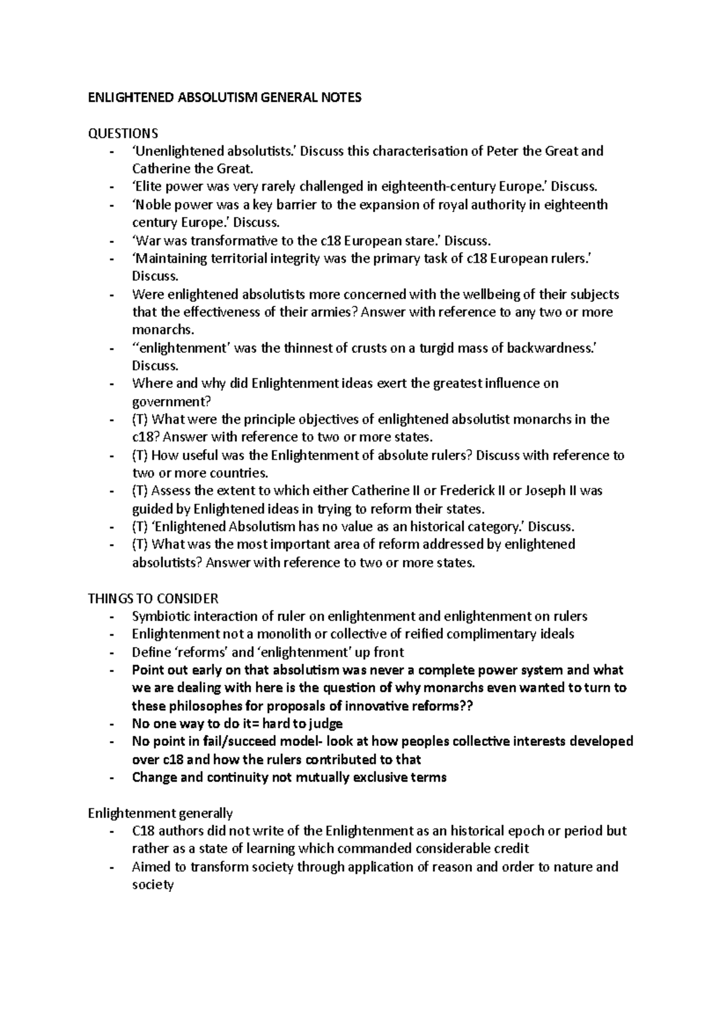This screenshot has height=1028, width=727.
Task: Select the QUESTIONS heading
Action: point(123,133)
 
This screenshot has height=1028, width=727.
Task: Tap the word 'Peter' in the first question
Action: point(503,151)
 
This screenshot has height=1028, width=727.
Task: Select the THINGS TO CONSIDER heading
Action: point(153,599)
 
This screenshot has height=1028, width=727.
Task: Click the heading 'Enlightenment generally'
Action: point(160,813)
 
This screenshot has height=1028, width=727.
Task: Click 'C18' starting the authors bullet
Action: point(143,831)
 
